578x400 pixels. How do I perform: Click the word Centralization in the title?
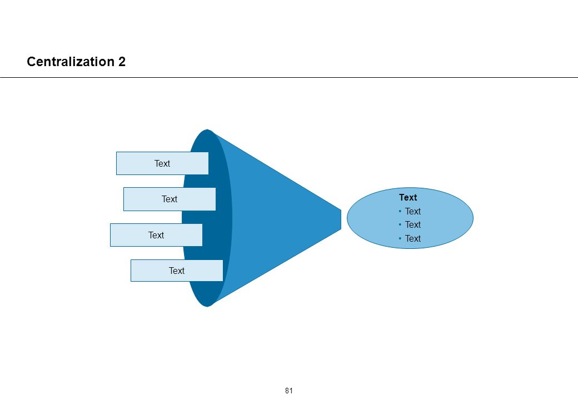(71, 62)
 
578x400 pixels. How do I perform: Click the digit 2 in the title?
(122, 62)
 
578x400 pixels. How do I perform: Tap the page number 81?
(288, 391)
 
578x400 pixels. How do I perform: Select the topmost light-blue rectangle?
(162, 163)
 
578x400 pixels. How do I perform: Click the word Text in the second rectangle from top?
(169, 199)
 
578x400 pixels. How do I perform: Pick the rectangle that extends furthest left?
(156, 235)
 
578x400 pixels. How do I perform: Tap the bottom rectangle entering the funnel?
(177, 271)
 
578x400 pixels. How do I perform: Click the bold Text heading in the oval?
(408, 197)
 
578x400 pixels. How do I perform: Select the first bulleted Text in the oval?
(413, 212)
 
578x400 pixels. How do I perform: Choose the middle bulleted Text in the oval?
(413, 224)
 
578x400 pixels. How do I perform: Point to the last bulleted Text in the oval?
(413, 239)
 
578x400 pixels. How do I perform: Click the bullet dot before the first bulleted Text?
(400, 212)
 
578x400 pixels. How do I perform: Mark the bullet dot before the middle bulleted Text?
(400, 224)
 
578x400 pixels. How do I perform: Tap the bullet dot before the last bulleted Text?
(400, 239)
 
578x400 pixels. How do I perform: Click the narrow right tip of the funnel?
(341, 219)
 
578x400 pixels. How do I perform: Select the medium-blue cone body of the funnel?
(280, 218)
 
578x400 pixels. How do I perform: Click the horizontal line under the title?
(289, 78)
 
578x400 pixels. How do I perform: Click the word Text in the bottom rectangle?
(177, 271)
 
